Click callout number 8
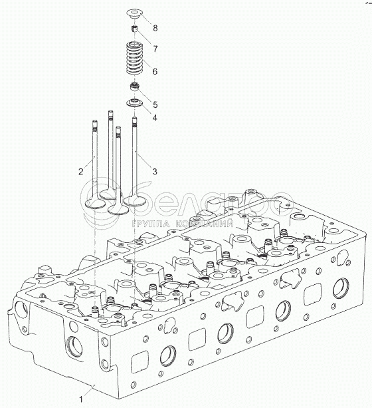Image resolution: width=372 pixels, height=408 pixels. (x=155, y=28)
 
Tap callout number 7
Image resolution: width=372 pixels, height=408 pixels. (x=155, y=49)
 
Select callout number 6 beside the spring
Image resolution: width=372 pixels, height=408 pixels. (x=155, y=71)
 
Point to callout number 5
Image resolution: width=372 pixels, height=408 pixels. (x=155, y=104)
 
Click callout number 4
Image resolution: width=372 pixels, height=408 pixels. (x=155, y=118)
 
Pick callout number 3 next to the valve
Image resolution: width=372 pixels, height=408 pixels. (x=155, y=172)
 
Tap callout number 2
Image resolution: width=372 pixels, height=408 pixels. (x=81, y=172)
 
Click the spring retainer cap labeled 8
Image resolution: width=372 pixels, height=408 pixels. (x=135, y=14)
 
